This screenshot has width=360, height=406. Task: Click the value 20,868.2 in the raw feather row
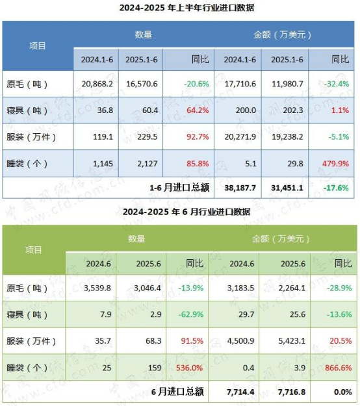point(97,84)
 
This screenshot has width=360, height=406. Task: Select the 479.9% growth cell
point(335,164)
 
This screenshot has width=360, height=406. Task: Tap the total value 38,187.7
point(240,188)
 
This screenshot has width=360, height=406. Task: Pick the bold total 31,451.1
point(287,188)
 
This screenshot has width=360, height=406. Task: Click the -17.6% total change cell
point(336,188)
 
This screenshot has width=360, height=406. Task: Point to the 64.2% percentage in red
point(198,110)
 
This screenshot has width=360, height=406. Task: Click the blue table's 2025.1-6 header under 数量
point(142,60)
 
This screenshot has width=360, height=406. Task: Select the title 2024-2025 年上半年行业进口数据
point(186,8)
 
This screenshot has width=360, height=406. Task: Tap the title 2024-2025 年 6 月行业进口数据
point(186,212)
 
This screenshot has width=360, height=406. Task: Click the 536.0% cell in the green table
point(189,368)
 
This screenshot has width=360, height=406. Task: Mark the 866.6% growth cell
point(339,368)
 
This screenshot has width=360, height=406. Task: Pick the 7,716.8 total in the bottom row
point(292,392)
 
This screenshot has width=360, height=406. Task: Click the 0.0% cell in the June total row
point(343,392)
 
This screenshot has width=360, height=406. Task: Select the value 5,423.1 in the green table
point(292,341)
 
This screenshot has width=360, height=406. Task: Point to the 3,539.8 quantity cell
point(97,288)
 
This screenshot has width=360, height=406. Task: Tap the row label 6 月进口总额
point(177,392)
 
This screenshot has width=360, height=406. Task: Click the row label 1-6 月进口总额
point(179,188)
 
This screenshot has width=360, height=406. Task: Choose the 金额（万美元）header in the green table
point(281,239)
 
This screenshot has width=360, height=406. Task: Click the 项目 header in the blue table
point(38,46)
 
